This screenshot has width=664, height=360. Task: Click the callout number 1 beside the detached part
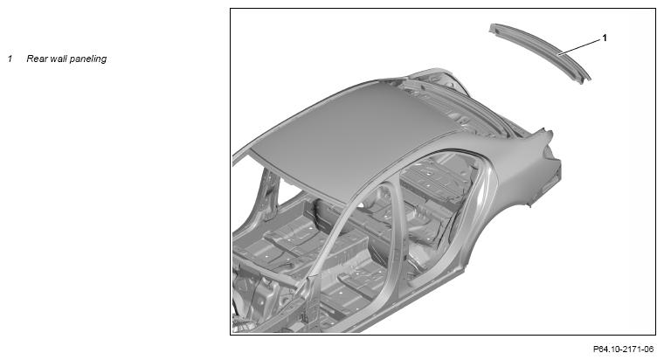[605, 38]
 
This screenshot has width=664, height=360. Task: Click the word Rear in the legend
[37, 59]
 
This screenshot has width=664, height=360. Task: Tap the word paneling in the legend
[88, 59]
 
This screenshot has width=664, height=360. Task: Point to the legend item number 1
[10, 59]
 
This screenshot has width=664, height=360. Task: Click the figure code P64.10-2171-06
[623, 350]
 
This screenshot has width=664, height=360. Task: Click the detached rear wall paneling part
[540, 52]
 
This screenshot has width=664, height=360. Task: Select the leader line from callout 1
[579, 46]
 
